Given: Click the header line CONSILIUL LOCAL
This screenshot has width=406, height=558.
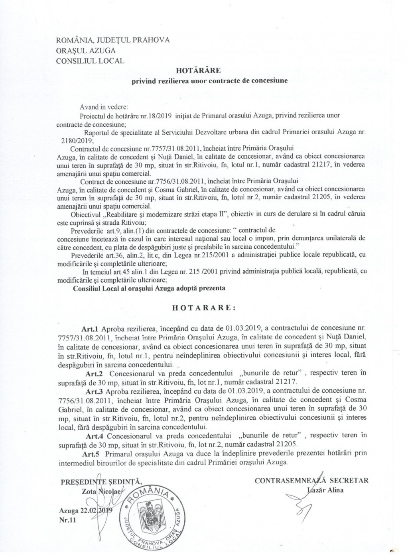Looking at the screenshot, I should click(91, 61).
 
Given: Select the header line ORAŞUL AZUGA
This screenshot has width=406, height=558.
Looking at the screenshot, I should click(87, 51).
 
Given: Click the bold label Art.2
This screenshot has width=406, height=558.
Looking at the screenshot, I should click(95, 373).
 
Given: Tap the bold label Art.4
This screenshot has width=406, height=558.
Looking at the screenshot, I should click(95, 434).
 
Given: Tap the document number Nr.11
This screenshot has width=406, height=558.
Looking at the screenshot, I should click(66, 521).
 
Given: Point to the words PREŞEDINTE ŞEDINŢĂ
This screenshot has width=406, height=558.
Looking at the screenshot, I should click(101, 481).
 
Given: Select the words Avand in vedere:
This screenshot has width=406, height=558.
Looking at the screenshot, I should click(103, 107).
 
